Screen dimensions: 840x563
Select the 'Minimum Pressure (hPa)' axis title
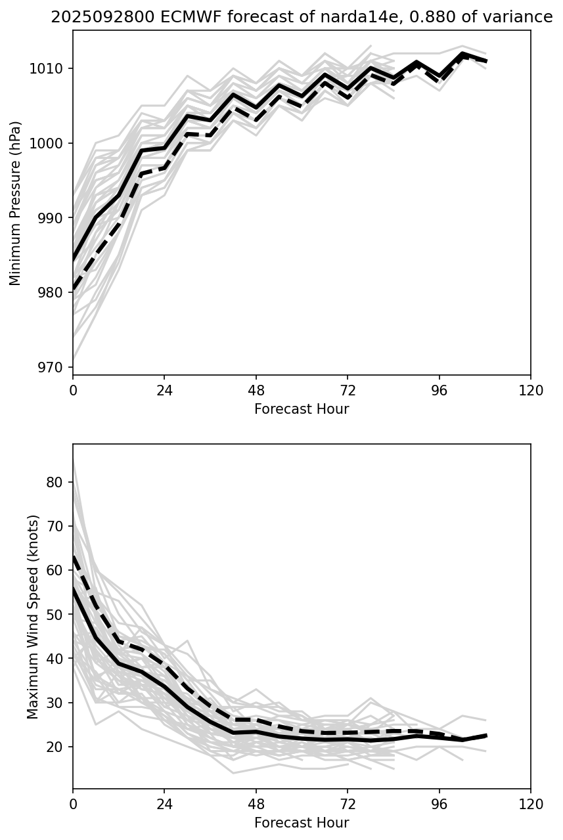click(x=16, y=203)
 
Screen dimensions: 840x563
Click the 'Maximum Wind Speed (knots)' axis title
click(x=34, y=616)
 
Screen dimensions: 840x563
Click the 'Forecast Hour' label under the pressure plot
click(x=302, y=409)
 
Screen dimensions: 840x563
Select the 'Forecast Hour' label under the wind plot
click(x=302, y=823)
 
